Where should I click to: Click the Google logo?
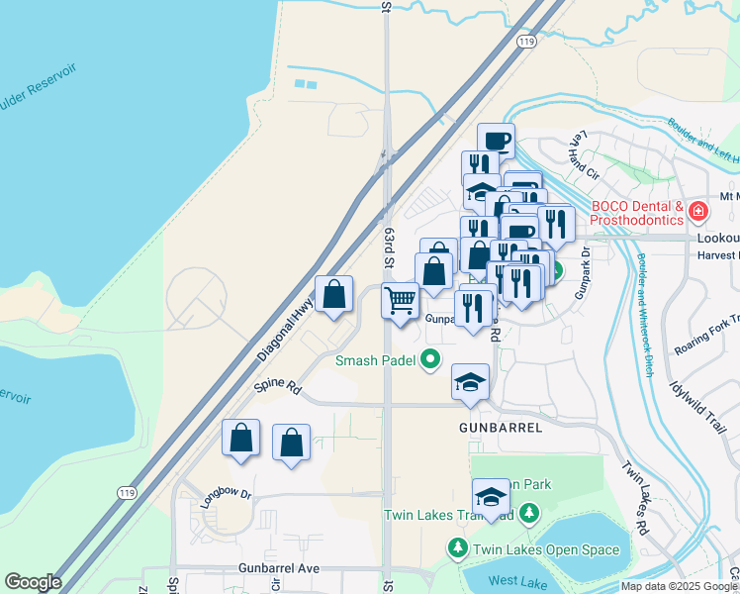coord(33,582)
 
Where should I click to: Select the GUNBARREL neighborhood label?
coord(501,428)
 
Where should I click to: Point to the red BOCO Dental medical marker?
coord(698,211)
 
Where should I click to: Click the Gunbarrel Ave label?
coord(279,569)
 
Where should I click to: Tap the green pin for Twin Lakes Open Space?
coord(457,547)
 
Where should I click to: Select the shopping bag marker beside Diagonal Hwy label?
coord(334,293)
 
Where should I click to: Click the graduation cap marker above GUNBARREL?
coord(471,381)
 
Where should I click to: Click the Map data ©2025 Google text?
coord(680,586)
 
